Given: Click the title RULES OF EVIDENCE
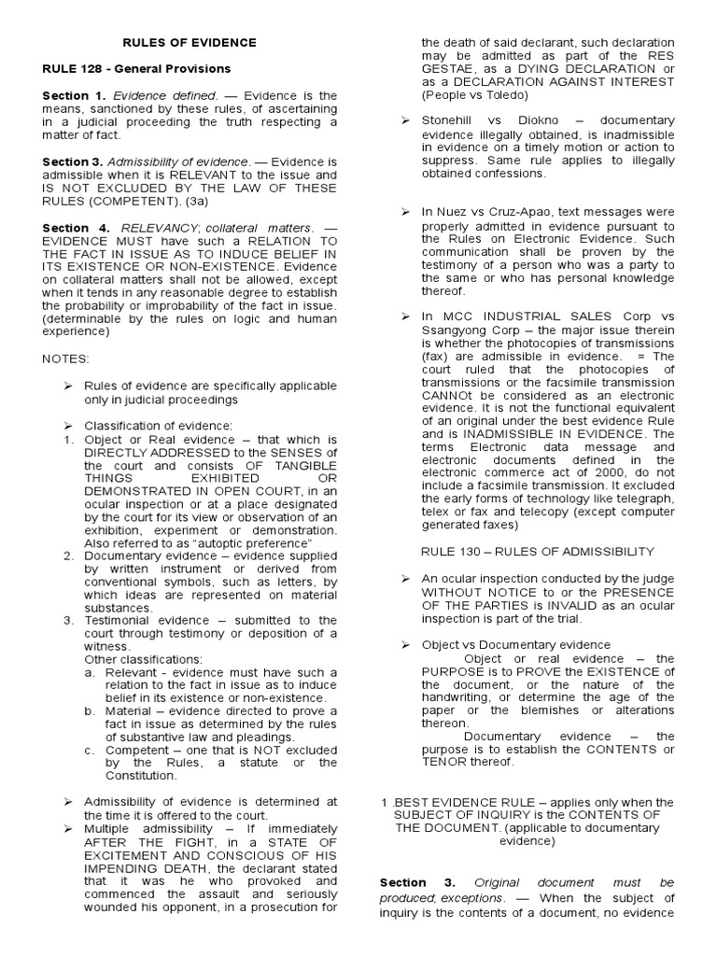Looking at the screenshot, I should click(190, 43).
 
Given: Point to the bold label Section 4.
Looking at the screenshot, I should click(76, 227).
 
